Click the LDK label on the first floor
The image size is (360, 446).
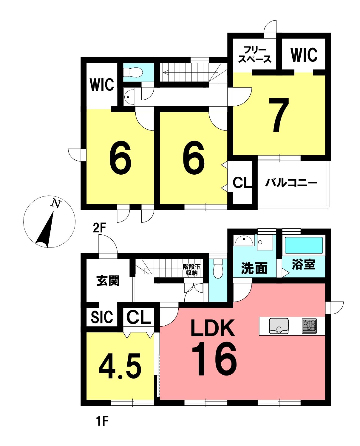pos(213,328)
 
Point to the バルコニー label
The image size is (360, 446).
pos(291,183)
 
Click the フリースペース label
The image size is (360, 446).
pos(255,55)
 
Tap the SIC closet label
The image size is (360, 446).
pos(102,317)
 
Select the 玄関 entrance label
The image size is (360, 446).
pos(108,281)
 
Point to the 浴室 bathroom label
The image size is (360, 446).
pos(304,264)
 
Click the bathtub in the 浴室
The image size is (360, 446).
pos(304,246)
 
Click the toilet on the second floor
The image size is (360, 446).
pos(133,73)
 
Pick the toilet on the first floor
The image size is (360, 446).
pos(218,269)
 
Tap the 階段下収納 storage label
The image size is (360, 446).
pos(191,270)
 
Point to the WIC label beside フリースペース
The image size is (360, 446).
pos(304,55)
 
